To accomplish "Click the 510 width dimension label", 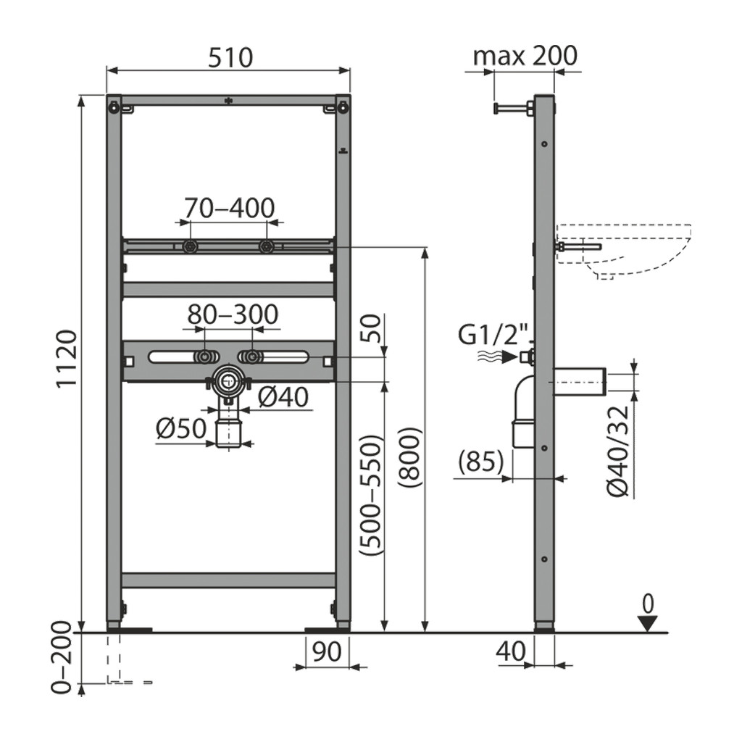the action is [230, 57].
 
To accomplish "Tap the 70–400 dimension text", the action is [230, 208].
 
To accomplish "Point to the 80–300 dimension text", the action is [233, 314].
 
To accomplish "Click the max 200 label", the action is [525, 55].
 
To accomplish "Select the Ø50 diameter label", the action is [181, 429].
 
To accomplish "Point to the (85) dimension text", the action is [481, 462].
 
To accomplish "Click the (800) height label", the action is [410, 458].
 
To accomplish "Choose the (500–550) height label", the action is [370, 496].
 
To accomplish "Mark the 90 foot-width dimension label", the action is [327, 651].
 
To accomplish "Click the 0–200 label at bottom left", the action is [62, 658].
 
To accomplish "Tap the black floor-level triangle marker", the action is [648, 623].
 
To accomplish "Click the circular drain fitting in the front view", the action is [229, 379].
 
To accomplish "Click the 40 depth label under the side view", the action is [511, 651].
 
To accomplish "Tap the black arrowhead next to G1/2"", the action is [509, 357].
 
